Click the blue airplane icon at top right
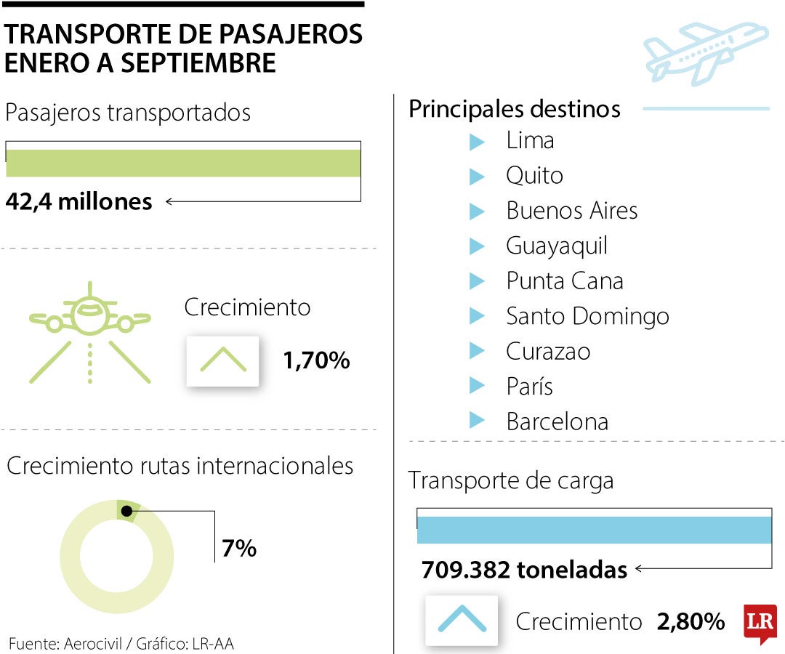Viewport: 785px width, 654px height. [x=705, y=52]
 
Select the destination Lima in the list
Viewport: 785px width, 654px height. [x=530, y=140]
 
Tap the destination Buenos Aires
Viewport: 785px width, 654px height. [x=571, y=211]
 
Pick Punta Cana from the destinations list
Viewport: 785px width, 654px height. [x=564, y=281]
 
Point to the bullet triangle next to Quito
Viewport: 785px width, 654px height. [x=477, y=176]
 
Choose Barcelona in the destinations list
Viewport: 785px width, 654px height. [x=557, y=422]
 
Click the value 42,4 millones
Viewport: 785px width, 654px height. [x=79, y=201]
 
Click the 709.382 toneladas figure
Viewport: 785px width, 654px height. [x=524, y=570]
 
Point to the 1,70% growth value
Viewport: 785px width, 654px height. [x=317, y=360]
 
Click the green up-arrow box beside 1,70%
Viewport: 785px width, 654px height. [x=223, y=360]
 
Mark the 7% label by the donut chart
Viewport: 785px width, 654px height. [x=239, y=548]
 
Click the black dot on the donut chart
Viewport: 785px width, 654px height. [x=127, y=512]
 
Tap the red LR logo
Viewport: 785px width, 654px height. [x=760, y=623]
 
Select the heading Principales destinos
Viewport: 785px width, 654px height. [x=515, y=109]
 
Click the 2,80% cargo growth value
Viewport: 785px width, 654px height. [x=691, y=622]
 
